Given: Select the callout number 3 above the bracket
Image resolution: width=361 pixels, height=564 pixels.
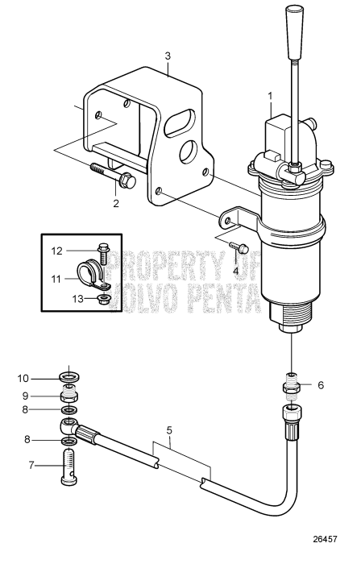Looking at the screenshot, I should [x=168, y=56].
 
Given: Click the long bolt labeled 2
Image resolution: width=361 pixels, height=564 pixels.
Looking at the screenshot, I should [x=113, y=176].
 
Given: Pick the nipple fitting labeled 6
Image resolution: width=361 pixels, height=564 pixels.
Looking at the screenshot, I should [x=291, y=384].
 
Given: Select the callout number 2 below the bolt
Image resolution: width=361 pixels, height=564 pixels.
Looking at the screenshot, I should [x=116, y=203].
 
